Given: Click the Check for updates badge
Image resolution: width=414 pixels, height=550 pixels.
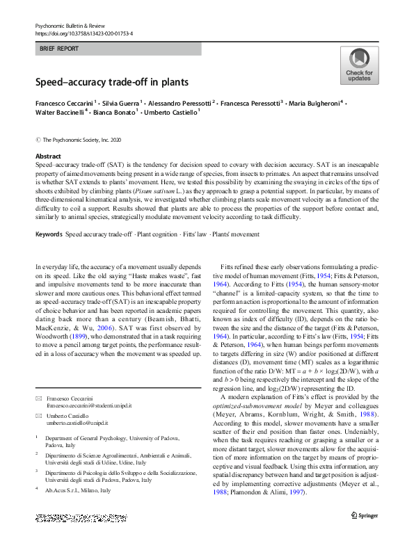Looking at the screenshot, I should click(x=359, y=65).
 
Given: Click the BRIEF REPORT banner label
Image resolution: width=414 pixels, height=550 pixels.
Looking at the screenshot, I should click(x=59, y=49).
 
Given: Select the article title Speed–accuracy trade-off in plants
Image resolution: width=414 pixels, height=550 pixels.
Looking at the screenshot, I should click(x=112, y=82).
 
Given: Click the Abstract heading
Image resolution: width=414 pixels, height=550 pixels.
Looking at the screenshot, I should click(x=48, y=156).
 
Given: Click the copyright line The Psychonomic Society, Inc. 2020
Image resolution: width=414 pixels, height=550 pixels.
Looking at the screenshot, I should click(x=85, y=139).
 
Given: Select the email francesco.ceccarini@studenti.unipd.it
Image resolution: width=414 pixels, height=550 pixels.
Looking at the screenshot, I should click(x=89, y=405).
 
